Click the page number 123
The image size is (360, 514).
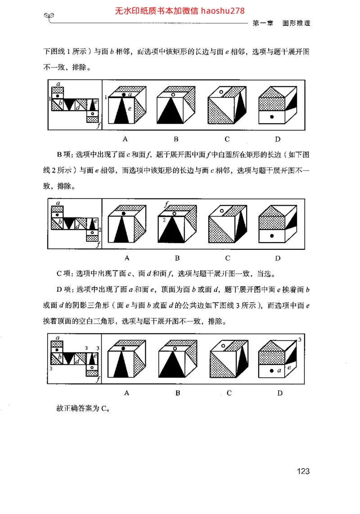(303, 471)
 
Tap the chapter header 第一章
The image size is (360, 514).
(263, 23)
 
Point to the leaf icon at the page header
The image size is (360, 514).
(50, 17)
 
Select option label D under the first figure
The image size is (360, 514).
(278, 139)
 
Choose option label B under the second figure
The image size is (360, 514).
(177, 258)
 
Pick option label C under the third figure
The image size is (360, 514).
(229, 393)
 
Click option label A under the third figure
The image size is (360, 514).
(127, 393)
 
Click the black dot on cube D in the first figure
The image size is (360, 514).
(271, 117)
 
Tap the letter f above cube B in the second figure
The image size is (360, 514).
(166, 205)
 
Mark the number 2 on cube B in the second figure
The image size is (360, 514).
(165, 219)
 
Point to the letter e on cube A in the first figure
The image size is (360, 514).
(129, 108)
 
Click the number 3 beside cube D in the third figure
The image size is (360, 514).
(300, 339)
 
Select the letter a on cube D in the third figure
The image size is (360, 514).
(279, 370)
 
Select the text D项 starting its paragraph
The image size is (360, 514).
(62, 289)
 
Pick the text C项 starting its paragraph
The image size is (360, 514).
(62, 273)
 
